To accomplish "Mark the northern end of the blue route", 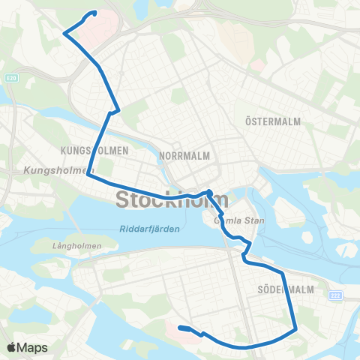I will (94, 13).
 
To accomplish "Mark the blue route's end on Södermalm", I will (180, 328).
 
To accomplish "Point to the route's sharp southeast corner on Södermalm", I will (297, 328).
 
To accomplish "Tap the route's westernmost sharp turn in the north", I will (64, 33).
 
